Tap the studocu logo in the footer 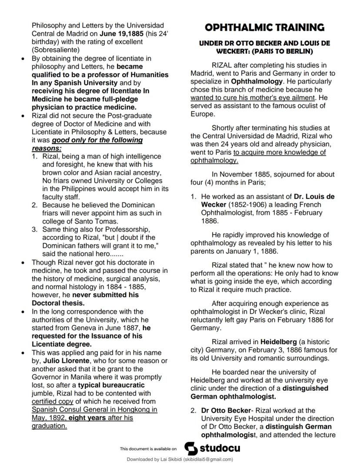point(212,448)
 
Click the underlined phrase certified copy point(50,402)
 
